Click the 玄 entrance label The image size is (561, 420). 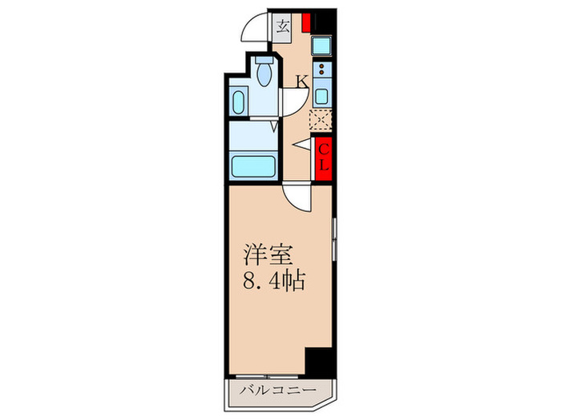pyautogui.click(x=284, y=26)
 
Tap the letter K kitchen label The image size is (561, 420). pyautogui.click(x=302, y=80)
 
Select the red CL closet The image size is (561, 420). pyautogui.click(x=324, y=159)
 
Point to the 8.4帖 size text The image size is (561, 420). pyautogui.click(x=273, y=282)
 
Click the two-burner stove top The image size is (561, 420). pyautogui.click(x=323, y=70)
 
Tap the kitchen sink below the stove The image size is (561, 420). pyautogui.click(x=323, y=96)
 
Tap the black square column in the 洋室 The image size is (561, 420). pyautogui.click(x=321, y=362)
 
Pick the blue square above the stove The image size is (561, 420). pyautogui.click(x=323, y=46)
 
